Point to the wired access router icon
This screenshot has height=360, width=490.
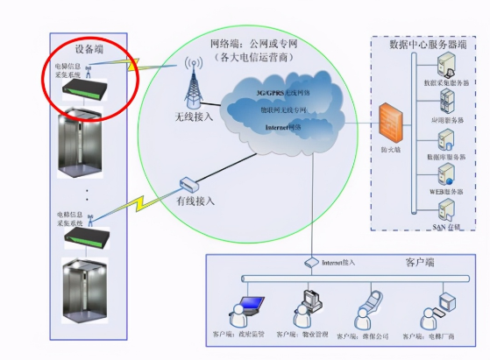pos(188,184)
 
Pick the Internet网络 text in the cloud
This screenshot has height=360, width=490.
pos(282,128)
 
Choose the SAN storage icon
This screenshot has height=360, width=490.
pos(446,208)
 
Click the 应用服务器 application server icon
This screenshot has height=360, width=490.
pos(445,102)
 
